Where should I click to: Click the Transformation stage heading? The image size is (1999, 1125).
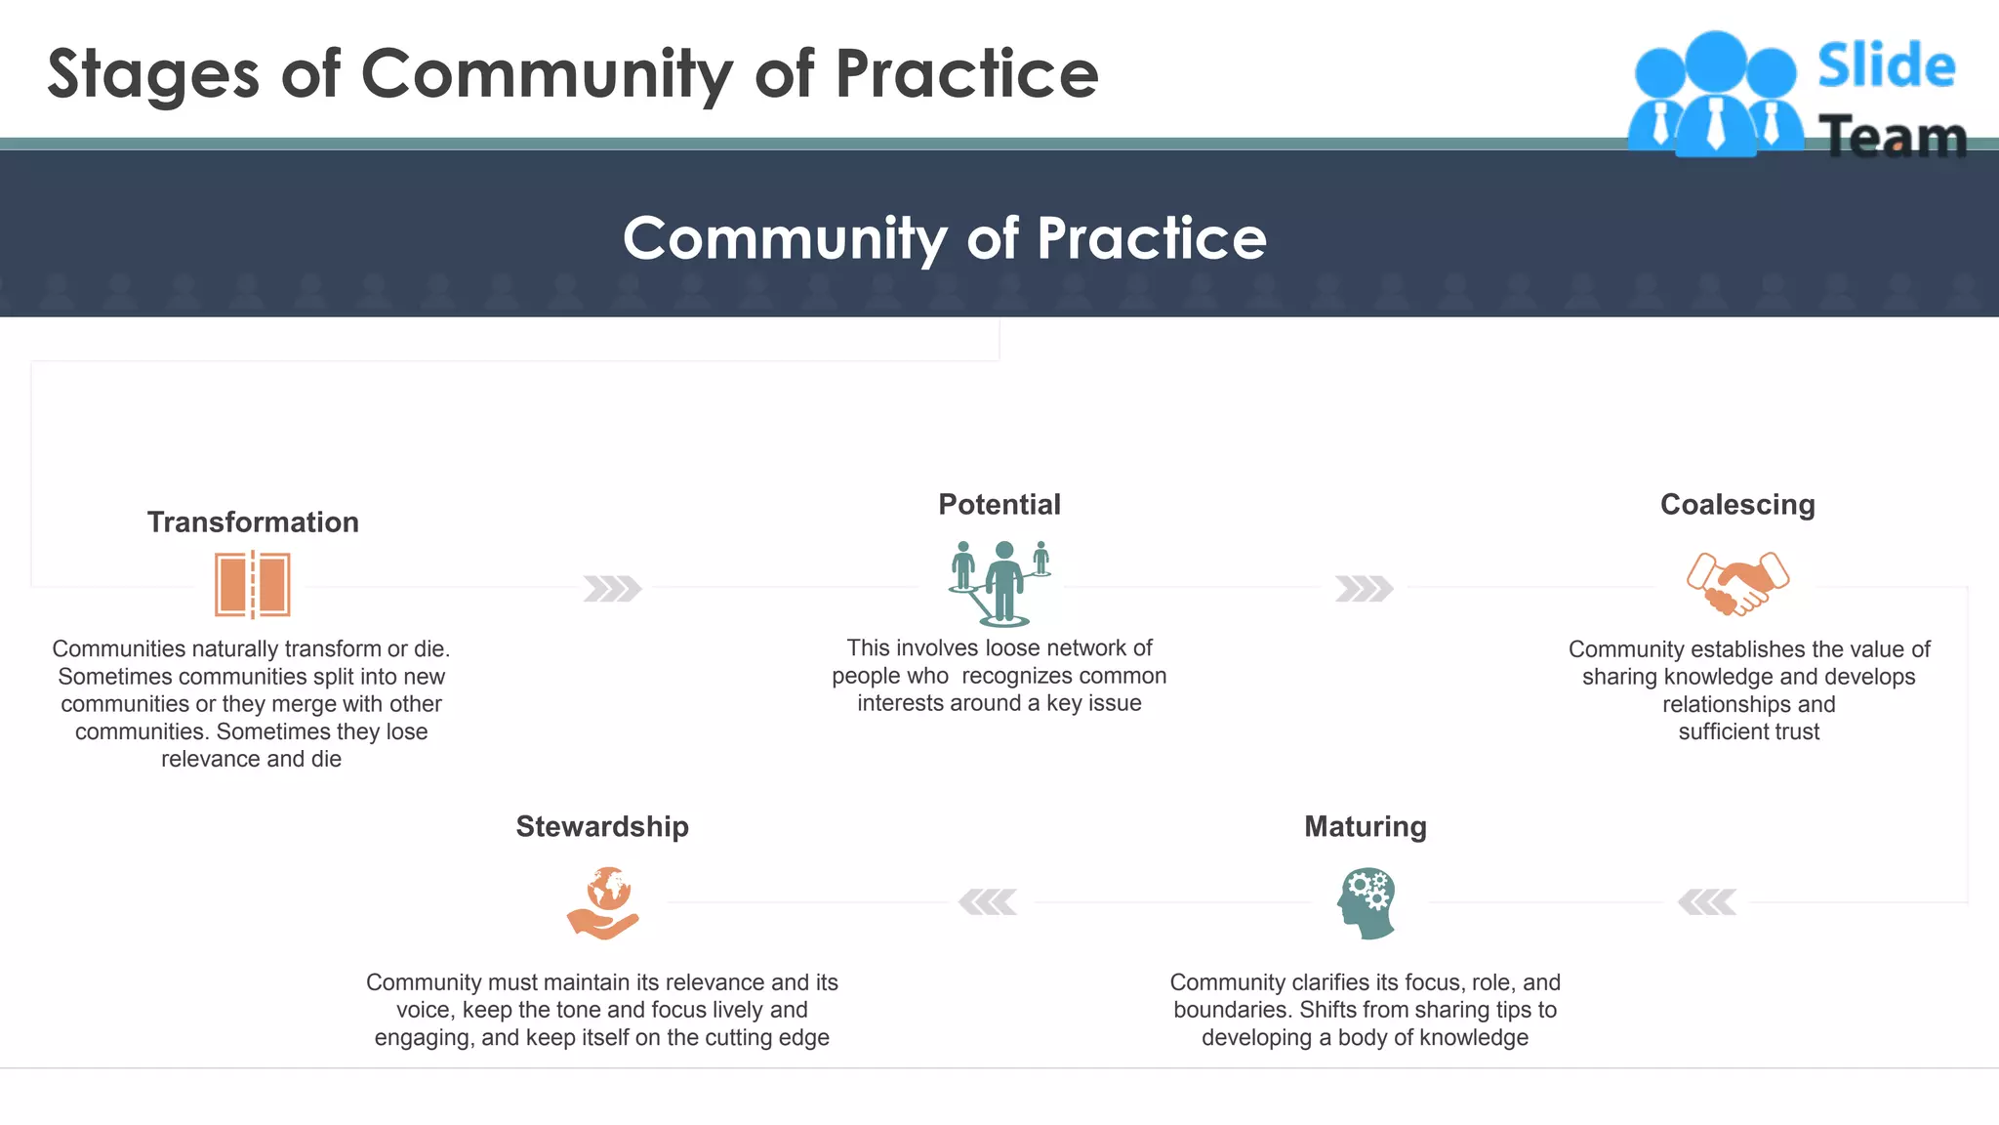(x=253, y=522)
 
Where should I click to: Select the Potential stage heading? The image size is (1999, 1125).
(x=999, y=505)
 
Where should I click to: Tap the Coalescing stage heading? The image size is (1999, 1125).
(x=1737, y=505)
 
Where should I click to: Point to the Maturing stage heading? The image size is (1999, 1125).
(x=1365, y=827)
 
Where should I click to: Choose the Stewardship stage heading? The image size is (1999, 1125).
(x=602, y=827)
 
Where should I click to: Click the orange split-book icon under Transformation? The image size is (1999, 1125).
(x=253, y=585)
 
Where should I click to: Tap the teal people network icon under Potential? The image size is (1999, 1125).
(x=1000, y=583)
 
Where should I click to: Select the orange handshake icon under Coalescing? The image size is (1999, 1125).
(x=1737, y=583)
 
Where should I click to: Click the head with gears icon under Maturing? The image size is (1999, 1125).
(x=1367, y=903)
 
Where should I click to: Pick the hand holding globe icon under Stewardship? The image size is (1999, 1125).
(x=603, y=903)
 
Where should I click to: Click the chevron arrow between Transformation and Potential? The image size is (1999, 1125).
(x=612, y=589)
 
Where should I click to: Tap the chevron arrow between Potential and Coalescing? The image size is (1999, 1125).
(x=1364, y=589)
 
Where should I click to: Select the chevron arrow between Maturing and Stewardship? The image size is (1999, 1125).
(x=988, y=902)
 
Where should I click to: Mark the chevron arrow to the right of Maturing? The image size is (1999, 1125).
(x=1707, y=902)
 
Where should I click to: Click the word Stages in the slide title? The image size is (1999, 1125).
(x=153, y=74)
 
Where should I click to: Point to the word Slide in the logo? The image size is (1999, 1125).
(x=1886, y=66)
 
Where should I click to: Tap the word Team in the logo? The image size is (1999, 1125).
(x=1892, y=137)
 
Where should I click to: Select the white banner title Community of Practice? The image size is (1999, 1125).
(x=944, y=238)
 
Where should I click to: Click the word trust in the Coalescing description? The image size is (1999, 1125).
(x=1795, y=732)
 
